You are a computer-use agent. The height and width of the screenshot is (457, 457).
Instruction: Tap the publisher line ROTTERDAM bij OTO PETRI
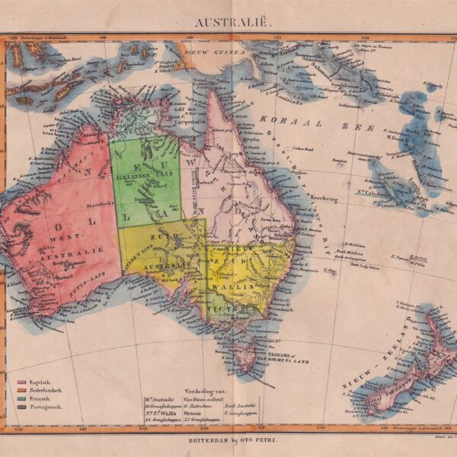point(228,442)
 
